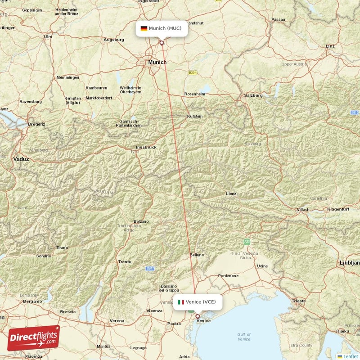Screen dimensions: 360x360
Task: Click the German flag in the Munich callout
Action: (144, 28)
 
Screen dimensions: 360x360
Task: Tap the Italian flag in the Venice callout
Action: (181, 302)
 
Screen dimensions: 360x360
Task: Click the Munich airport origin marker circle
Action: (162, 43)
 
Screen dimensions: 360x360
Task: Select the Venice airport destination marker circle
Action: (197, 316)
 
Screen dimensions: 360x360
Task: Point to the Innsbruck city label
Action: (146, 147)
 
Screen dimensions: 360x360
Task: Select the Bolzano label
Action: (140, 221)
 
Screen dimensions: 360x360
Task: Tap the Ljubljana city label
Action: (350, 262)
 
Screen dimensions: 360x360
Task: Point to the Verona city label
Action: (117, 321)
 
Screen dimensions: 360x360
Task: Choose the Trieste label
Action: (299, 301)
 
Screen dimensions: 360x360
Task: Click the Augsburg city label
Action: (114, 40)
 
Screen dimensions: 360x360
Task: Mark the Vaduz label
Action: (21, 159)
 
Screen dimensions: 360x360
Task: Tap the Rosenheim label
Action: (194, 94)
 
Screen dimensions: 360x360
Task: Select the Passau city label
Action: (279, 20)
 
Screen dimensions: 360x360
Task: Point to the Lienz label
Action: (231, 194)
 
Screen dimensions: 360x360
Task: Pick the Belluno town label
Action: (197, 255)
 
